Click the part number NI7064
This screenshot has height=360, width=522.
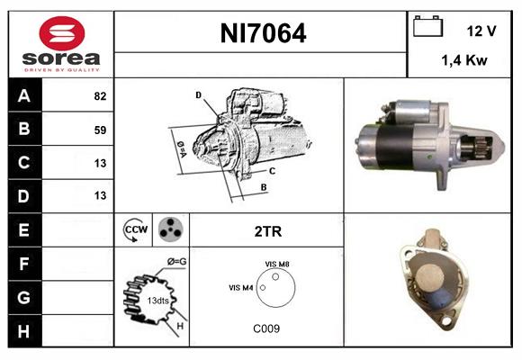click(263, 34)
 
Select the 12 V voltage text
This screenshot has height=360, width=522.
click(481, 31)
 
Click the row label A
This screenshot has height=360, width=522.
click(24, 95)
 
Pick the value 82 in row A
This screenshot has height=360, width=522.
click(99, 96)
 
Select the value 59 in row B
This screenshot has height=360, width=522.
click(99, 130)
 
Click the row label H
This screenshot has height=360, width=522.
click(24, 331)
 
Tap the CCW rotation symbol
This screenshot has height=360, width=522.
click(134, 229)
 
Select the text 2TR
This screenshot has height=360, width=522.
click(267, 231)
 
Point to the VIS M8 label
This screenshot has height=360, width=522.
click(277, 263)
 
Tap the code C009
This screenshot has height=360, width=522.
click(266, 328)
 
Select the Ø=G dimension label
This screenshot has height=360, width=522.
click(176, 262)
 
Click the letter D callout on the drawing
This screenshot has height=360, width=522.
click(198, 94)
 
